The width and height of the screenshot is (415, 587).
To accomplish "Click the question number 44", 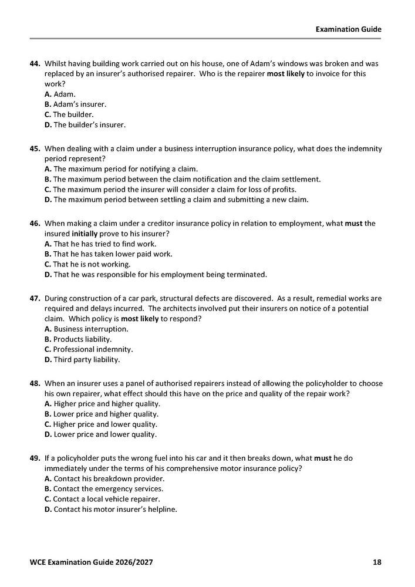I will [35, 63].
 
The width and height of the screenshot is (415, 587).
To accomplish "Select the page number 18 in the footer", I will [377, 562].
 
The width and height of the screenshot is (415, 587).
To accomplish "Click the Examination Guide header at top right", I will [348, 28].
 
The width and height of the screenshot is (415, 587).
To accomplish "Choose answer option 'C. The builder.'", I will [69, 114].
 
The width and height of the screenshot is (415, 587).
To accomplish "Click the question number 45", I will [35, 149].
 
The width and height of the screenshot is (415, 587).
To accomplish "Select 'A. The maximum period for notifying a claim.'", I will [121, 169].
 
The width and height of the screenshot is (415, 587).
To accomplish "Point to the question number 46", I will [35, 224].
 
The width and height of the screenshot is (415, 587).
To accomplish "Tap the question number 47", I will [35, 299].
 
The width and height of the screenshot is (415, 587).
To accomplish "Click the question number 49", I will [35, 458].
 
